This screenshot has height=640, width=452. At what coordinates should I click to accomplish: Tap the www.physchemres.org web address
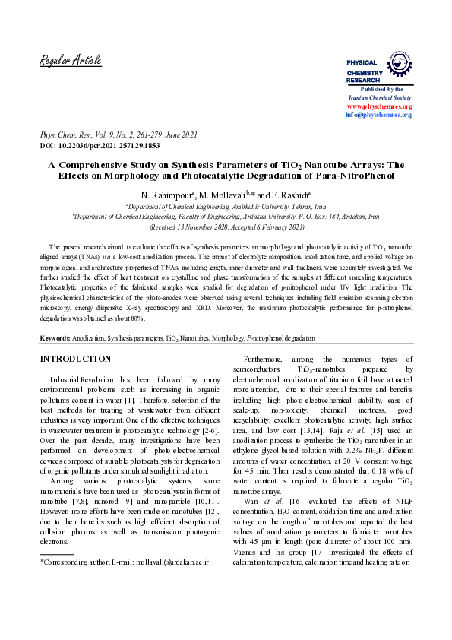tap(379, 106)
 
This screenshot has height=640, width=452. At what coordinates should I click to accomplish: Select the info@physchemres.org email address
tap(378, 115)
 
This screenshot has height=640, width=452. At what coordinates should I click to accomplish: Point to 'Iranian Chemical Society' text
tap(379, 98)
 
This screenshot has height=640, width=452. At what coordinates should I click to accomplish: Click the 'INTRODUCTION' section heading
tap(75, 359)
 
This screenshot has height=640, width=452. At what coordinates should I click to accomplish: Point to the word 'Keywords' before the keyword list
tap(55, 337)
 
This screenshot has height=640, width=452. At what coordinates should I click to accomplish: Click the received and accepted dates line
tap(226, 227)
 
